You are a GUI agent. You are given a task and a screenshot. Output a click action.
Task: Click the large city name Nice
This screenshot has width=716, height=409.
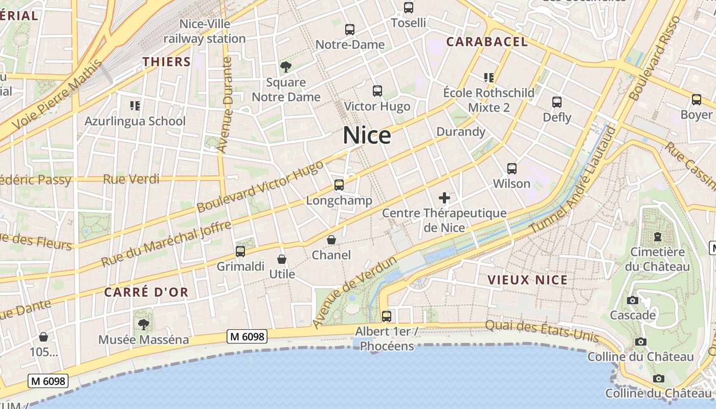tap(367, 135)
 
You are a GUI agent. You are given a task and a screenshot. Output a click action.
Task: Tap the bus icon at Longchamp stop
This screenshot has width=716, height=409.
tap(339, 185)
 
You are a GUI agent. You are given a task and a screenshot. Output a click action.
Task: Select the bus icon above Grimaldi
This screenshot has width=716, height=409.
tap(240, 251)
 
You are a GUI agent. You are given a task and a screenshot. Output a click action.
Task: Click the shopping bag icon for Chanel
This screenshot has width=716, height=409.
tap(331, 239)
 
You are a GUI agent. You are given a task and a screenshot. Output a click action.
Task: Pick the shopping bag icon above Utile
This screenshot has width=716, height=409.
tap(281, 259)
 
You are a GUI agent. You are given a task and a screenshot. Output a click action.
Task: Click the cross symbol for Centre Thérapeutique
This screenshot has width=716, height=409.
tap(444, 198)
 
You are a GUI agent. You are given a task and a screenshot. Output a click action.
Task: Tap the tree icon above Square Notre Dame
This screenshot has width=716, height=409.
tap(286, 66)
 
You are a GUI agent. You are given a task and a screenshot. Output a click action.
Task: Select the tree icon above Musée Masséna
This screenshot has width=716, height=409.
tap(144, 324)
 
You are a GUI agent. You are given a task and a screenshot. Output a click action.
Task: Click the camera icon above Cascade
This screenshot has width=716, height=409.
tap(633, 300)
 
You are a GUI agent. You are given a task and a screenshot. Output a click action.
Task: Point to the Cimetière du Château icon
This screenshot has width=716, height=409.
tap(657, 237)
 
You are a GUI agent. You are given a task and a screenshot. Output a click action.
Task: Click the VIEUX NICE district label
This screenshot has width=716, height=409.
tap(528, 280)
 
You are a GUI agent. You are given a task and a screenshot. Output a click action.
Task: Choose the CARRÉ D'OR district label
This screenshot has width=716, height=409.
tap(146, 292)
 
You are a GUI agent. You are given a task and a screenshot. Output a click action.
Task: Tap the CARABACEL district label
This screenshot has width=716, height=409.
tap(487, 42)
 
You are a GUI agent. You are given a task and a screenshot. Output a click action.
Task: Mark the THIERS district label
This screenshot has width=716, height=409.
tap(166, 62)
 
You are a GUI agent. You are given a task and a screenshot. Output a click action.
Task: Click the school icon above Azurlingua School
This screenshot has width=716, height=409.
tap(135, 106)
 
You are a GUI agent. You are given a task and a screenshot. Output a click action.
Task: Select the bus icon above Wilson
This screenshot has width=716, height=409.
tap(511, 168)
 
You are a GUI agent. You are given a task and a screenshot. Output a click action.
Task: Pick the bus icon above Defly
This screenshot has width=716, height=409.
tap(557, 102)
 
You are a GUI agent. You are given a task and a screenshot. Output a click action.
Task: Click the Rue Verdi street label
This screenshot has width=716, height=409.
tap(131, 179)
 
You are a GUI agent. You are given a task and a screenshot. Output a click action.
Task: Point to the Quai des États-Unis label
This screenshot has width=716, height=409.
tap(542, 331)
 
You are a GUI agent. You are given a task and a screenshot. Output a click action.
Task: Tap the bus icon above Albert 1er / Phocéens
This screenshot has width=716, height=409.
tap(387, 316)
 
